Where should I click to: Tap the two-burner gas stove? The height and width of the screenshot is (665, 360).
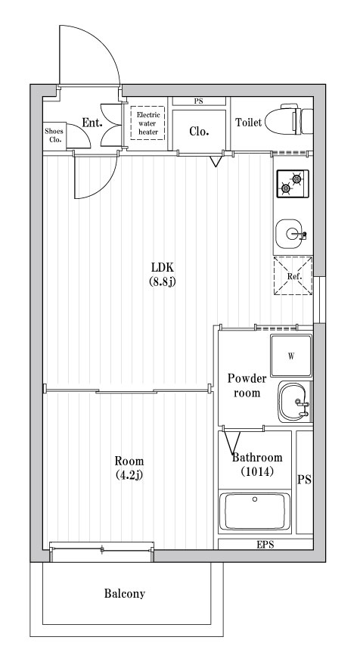(x=293, y=184)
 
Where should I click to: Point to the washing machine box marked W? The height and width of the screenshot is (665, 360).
(x=291, y=356)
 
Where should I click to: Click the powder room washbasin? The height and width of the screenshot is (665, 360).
(x=293, y=402)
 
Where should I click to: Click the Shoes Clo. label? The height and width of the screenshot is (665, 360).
(x=55, y=135)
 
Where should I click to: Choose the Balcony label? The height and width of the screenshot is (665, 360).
(x=125, y=594)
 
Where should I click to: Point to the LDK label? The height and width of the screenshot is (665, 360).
(x=163, y=268)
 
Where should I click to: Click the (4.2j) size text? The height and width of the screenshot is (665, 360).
(x=129, y=475)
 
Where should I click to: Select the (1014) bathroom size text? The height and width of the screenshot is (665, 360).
(x=257, y=471)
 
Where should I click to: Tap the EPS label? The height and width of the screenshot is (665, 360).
(x=265, y=544)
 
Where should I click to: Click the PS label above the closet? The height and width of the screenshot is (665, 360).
(x=199, y=101)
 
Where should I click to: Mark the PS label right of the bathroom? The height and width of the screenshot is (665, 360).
(x=304, y=480)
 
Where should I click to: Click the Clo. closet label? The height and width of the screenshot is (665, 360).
(x=199, y=129)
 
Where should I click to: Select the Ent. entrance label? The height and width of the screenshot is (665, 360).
(x=92, y=123)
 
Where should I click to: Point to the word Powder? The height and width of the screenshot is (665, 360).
(x=247, y=378)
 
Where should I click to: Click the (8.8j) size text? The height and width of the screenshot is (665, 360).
(x=163, y=282)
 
